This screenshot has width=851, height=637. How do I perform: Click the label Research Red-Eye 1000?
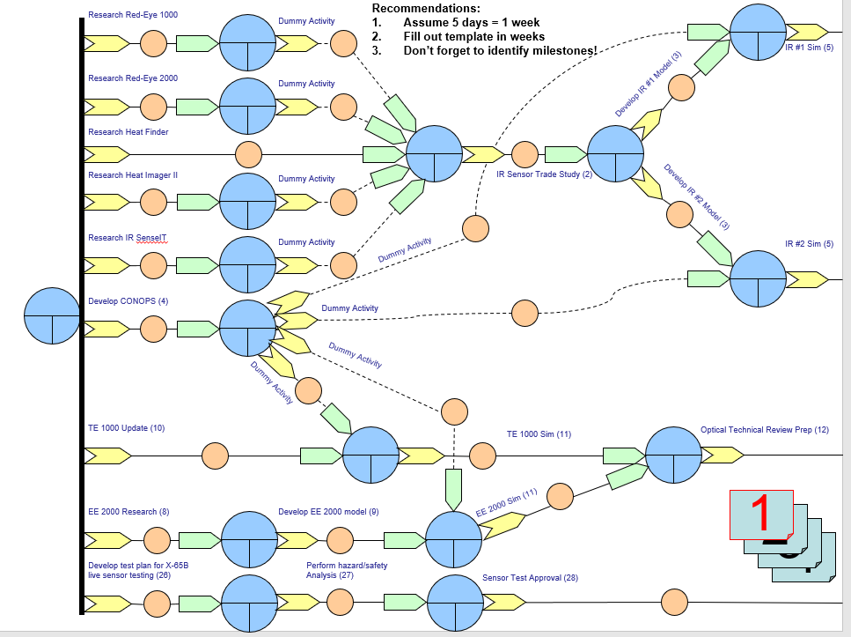pyautogui.click(x=132, y=15)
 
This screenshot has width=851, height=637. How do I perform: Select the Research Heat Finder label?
pyautogui.click(x=128, y=132)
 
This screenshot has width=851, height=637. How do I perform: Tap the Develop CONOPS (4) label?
pyautogui.click(x=128, y=301)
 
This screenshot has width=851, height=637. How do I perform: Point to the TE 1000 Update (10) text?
pyautogui.click(x=126, y=428)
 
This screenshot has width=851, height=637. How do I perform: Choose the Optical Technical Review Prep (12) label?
pyautogui.click(x=764, y=430)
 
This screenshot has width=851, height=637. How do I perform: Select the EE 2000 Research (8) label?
pyautogui.click(x=128, y=511)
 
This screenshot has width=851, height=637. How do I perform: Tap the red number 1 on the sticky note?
pyautogui.click(x=762, y=514)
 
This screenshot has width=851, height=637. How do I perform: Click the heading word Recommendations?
pyautogui.click(x=426, y=8)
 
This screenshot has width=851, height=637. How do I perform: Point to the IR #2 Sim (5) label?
pyautogui.click(x=809, y=244)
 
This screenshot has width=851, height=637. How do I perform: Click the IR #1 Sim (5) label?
pyautogui.click(x=809, y=47)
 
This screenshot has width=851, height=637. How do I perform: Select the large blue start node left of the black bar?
pyautogui.click(x=52, y=315)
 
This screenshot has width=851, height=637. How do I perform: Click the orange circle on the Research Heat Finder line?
pyautogui.click(x=249, y=154)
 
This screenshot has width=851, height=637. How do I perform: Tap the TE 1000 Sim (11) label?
pyautogui.click(x=539, y=434)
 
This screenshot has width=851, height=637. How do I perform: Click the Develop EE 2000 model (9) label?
pyautogui.click(x=328, y=511)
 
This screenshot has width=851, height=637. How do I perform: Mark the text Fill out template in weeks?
pyautogui.click(x=473, y=36)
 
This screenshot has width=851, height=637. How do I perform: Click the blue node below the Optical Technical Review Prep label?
pyautogui.click(x=674, y=456)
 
